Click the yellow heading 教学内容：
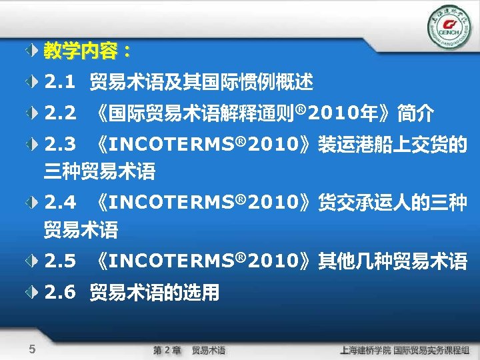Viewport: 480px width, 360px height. click(87, 51)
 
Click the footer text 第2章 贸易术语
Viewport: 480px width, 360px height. click(189, 350)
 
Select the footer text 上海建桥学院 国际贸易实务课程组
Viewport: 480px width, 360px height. click(405, 350)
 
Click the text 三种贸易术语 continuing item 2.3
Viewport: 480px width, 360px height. click(99, 173)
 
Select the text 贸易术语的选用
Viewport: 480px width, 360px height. click(155, 292)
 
